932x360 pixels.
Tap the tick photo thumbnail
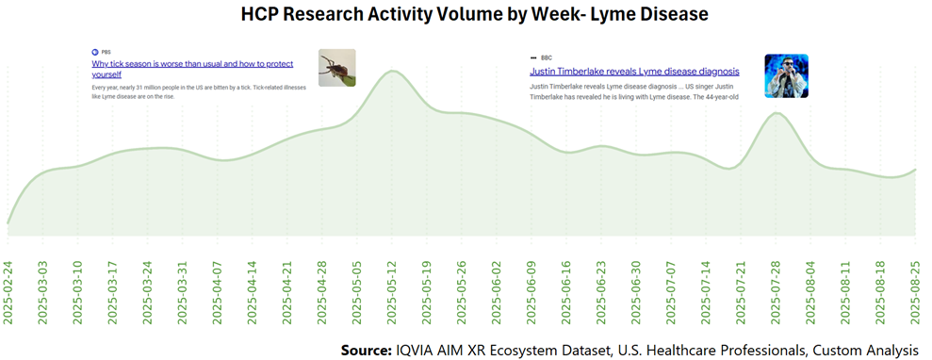(336, 68)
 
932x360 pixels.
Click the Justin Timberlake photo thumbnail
(786, 75)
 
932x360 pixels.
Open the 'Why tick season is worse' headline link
(192, 68)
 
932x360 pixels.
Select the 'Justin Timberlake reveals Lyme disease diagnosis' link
(634, 72)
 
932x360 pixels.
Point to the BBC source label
(546, 57)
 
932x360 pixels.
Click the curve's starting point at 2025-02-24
(8, 224)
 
